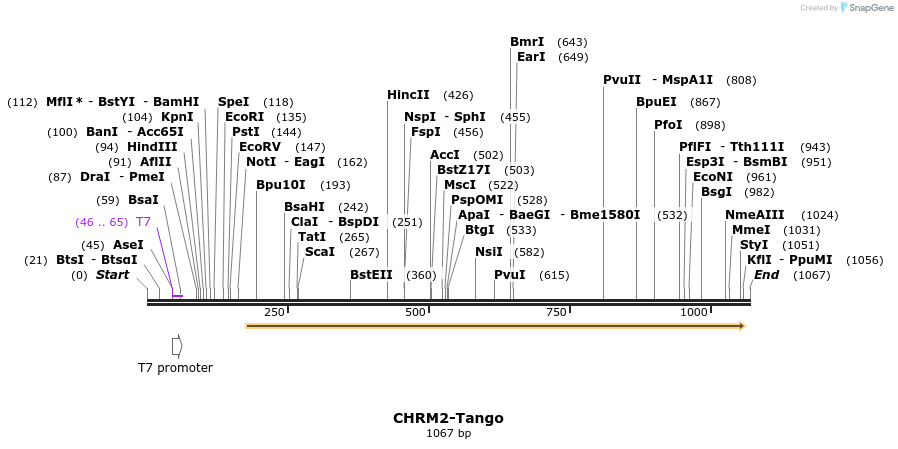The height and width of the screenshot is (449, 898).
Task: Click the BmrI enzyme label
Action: click(527, 42)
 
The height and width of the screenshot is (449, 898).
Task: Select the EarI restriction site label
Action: click(531, 57)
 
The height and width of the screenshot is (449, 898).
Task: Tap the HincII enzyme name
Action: click(408, 95)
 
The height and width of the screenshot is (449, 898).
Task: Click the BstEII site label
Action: click(371, 275)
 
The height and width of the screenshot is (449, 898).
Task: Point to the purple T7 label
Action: click(143, 222)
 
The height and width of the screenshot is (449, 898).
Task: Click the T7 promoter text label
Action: click(175, 367)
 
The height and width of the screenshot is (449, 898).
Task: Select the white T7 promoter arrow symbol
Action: click(177, 345)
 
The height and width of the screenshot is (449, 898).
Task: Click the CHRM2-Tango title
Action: click(448, 418)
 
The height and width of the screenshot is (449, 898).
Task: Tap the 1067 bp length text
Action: click(448, 434)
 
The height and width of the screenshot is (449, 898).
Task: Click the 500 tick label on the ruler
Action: click(415, 313)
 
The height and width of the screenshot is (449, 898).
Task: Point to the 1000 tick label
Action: click(694, 313)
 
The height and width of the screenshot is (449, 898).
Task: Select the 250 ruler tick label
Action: click(274, 313)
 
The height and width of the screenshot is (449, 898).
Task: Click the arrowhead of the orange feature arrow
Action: click(741, 326)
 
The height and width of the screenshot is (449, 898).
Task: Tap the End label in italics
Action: click(766, 275)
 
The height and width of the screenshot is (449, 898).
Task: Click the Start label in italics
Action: click(112, 275)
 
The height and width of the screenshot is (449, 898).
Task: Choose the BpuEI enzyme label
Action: click(656, 102)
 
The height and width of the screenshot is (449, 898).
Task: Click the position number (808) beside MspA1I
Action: click(741, 80)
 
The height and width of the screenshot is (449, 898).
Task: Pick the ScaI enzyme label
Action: click(320, 252)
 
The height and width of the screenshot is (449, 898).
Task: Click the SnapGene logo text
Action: click(866, 8)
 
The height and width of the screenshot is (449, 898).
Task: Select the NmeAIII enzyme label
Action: click(754, 215)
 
